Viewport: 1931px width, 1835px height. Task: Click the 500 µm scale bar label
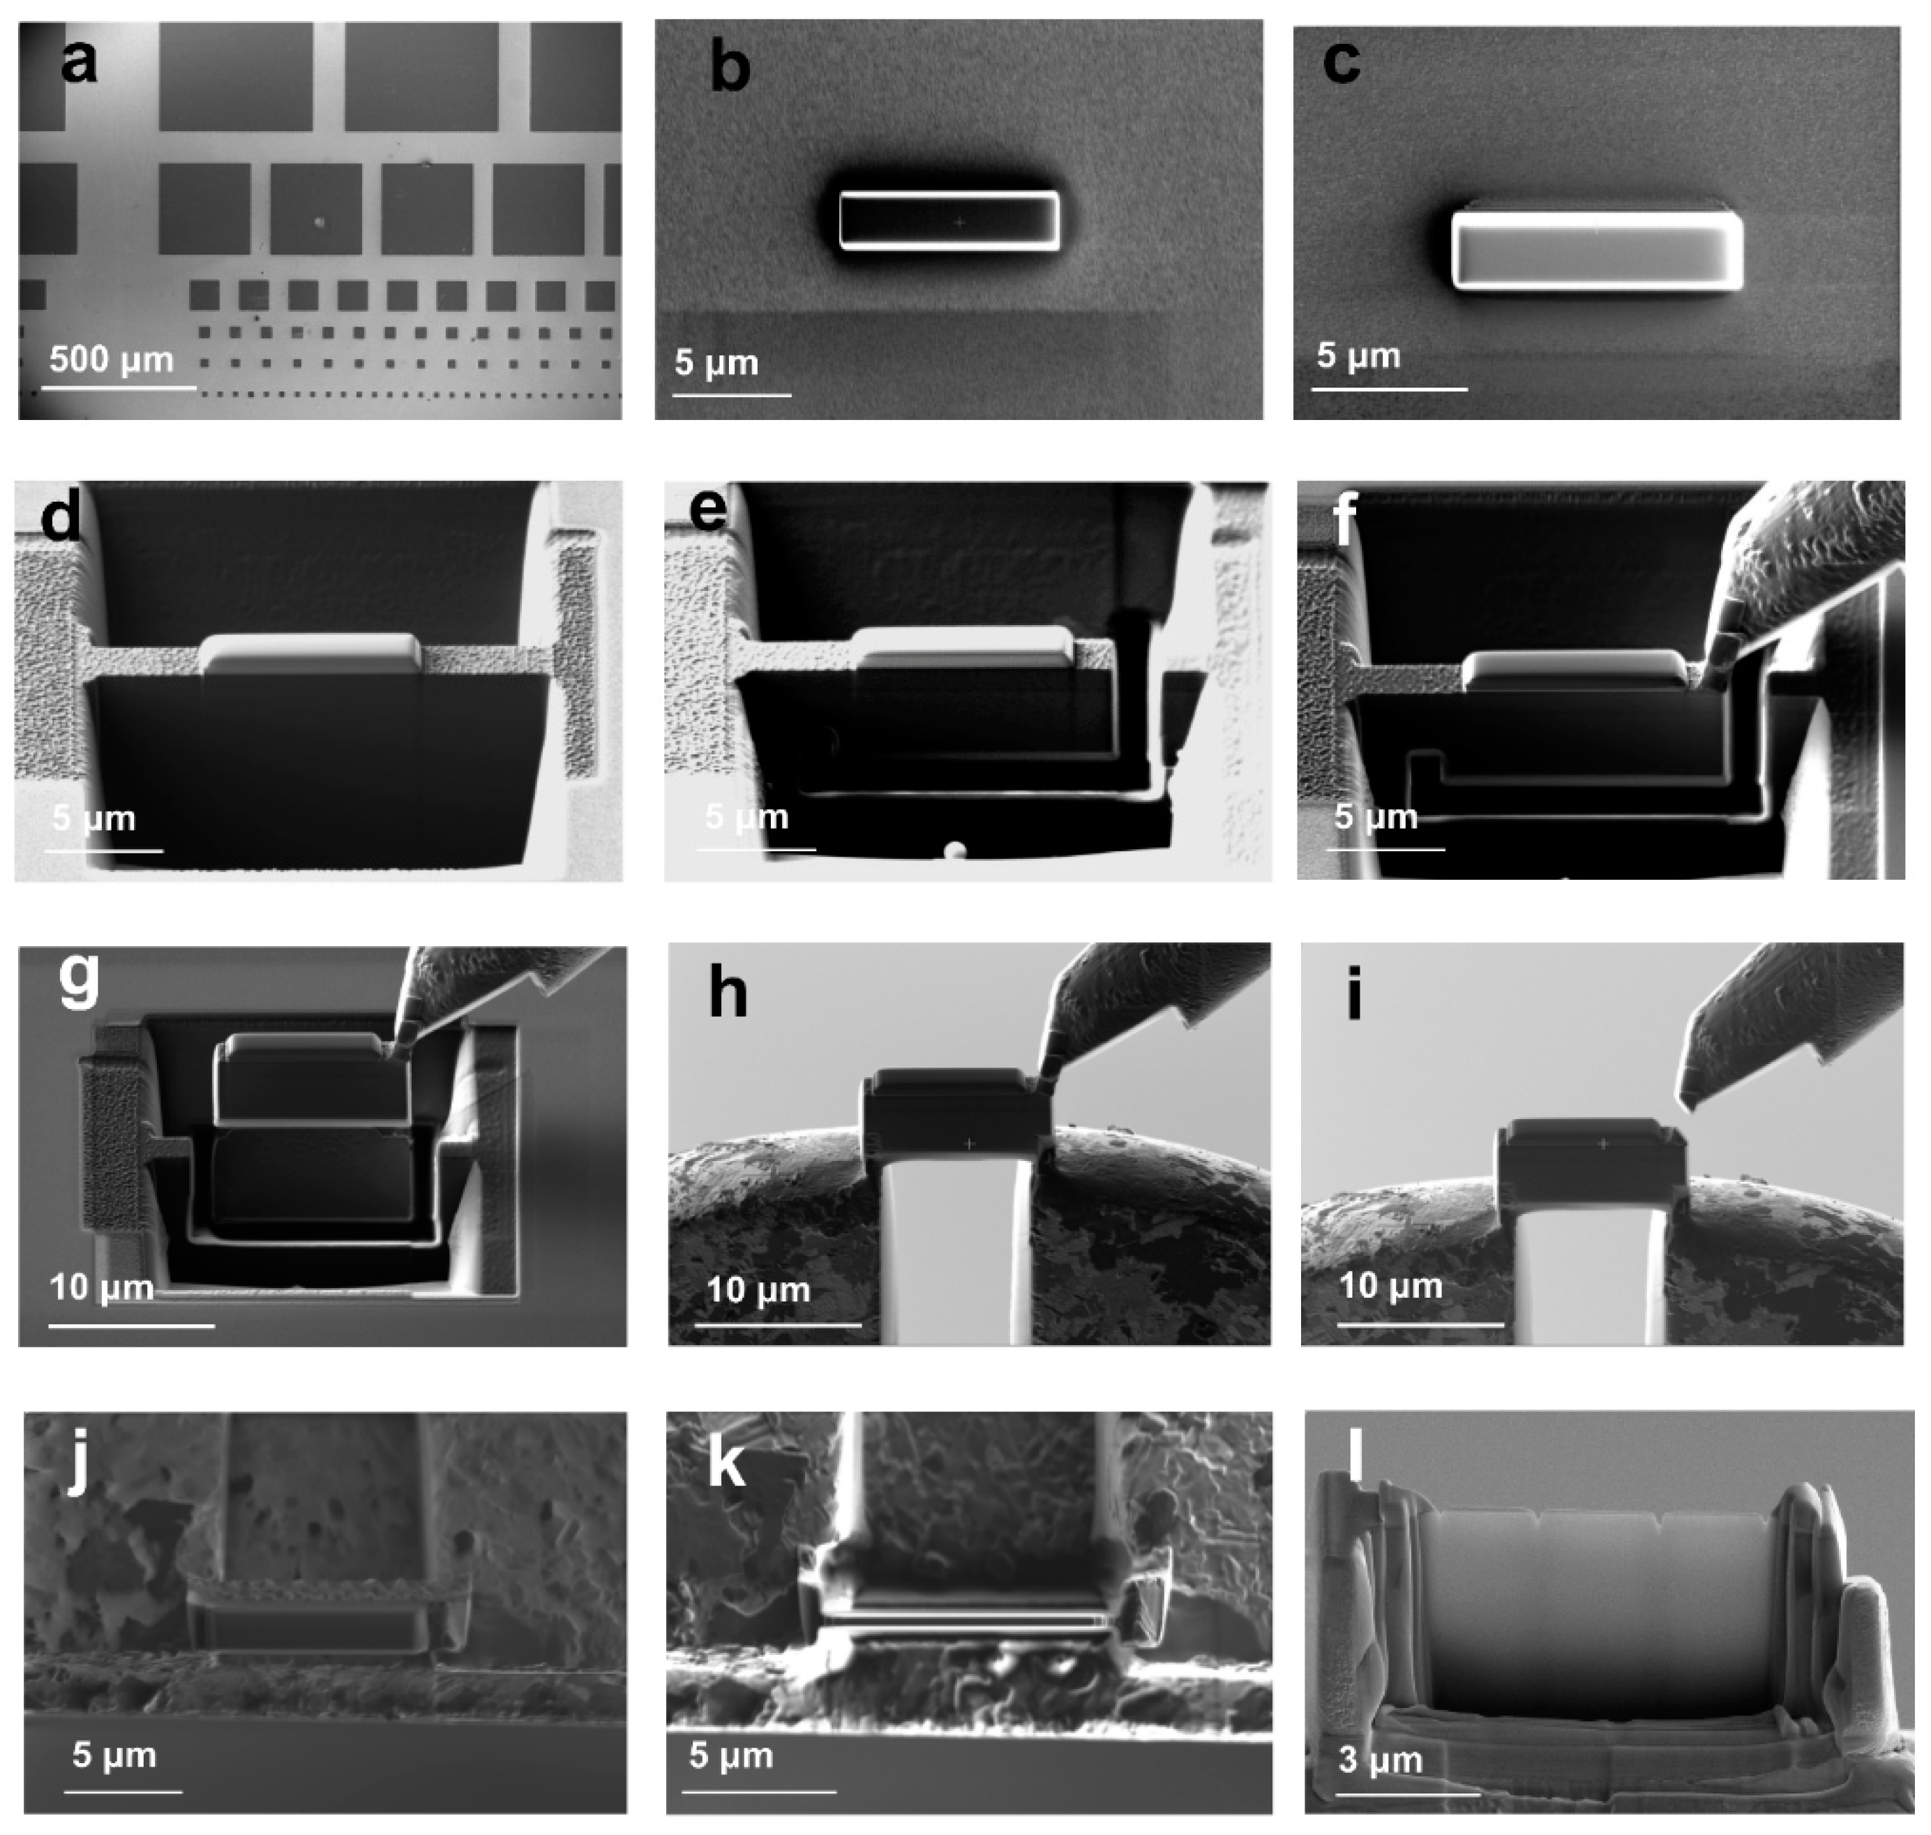112,359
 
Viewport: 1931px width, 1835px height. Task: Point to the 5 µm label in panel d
94,818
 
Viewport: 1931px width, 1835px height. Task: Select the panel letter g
78,978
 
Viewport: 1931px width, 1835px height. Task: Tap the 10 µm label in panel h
758,1289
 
